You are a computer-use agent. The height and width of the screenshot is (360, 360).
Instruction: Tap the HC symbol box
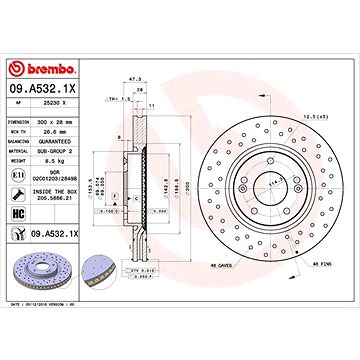(x=17, y=213)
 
